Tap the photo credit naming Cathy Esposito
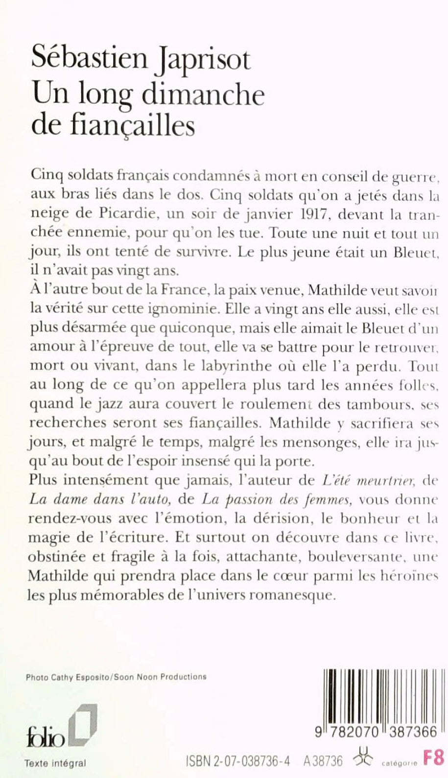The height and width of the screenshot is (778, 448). click(116, 677)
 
